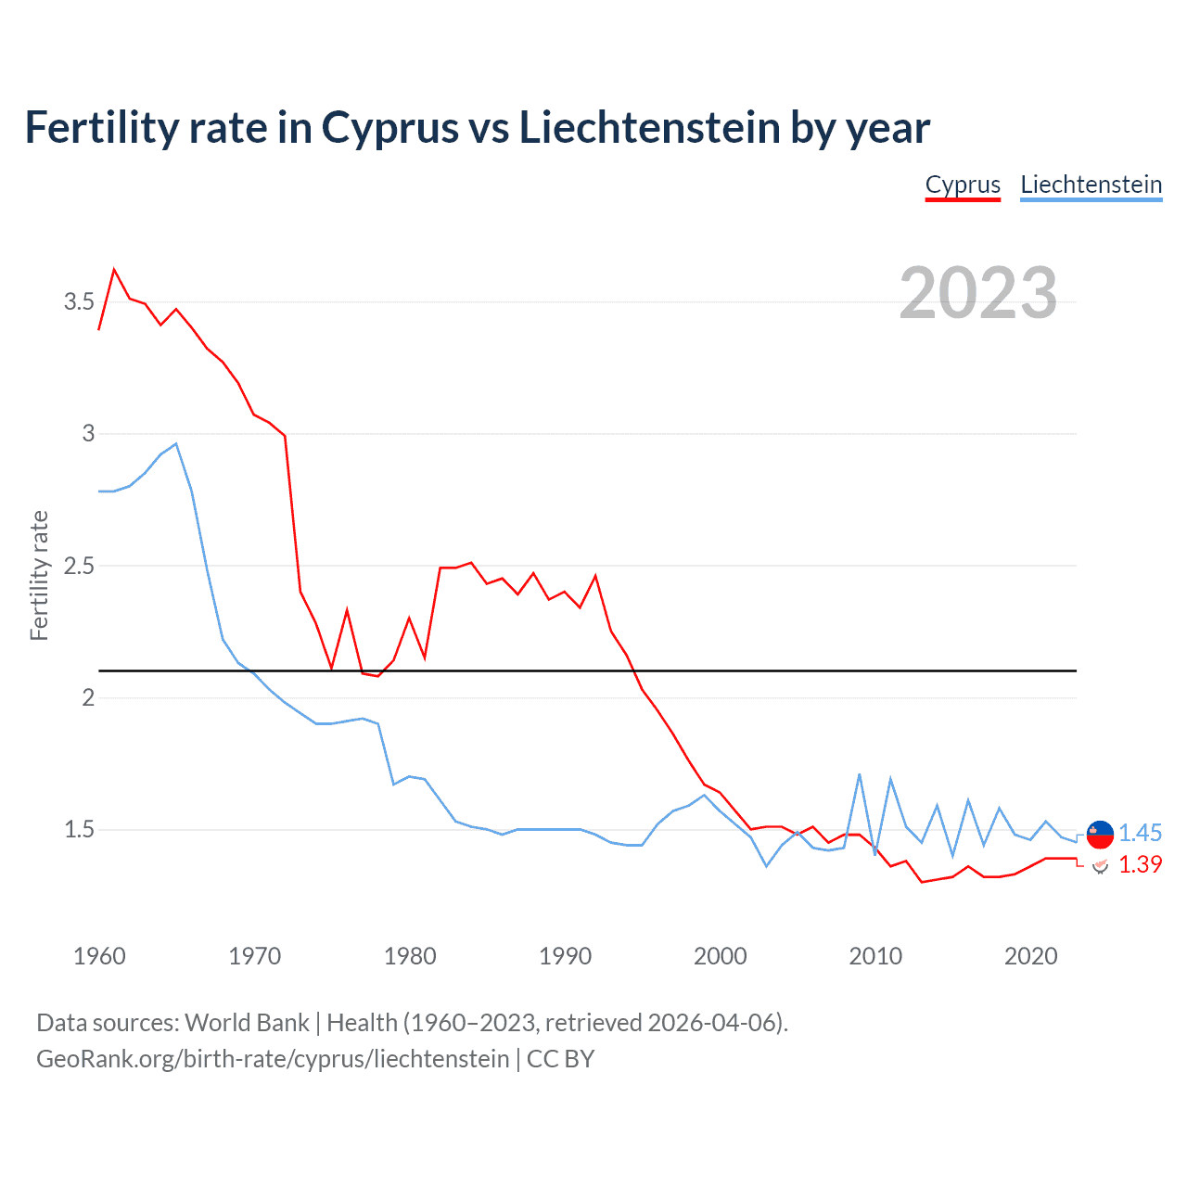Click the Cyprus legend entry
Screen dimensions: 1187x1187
pyautogui.click(x=963, y=185)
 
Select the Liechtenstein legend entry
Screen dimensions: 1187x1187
pyautogui.click(x=1091, y=185)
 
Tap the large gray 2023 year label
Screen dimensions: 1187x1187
pyautogui.click(x=978, y=293)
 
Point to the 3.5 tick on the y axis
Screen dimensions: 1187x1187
pyautogui.click(x=79, y=301)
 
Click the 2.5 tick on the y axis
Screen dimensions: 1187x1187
pyautogui.click(x=79, y=566)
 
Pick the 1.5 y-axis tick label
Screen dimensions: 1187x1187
pyautogui.click(x=79, y=829)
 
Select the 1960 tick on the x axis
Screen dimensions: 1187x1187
pyautogui.click(x=99, y=956)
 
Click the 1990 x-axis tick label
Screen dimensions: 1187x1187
pyautogui.click(x=565, y=956)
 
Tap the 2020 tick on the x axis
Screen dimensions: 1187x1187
pyautogui.click(x=1030, y=956)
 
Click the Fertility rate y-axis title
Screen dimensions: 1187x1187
pyautogui.click(x=39, y=575)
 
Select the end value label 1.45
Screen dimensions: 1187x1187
pyautogui.click(x=1140, y=833)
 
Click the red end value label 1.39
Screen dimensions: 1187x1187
pyautogui.click(x=1140, y=864)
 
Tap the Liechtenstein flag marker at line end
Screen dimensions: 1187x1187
pyautogui.click(x=1100, y=835)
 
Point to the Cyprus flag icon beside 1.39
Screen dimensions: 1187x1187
pyautogui.click(x=1100, y=865)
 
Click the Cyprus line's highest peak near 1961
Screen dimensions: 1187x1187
pyautogui.click(x=114, y=270)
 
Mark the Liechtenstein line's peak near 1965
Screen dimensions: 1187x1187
pyautogui.click(x=176, y=444)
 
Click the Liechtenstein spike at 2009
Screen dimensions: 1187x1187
pyautogui.click(x=860, y=774)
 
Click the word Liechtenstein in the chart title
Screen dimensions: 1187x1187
pyautogui.click(x=649, y=128)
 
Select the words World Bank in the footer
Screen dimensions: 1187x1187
pyautogui.click(x=247, y=1023)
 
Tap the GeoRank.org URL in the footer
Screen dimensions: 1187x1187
pyautogui.click(x=273, y=1059)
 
